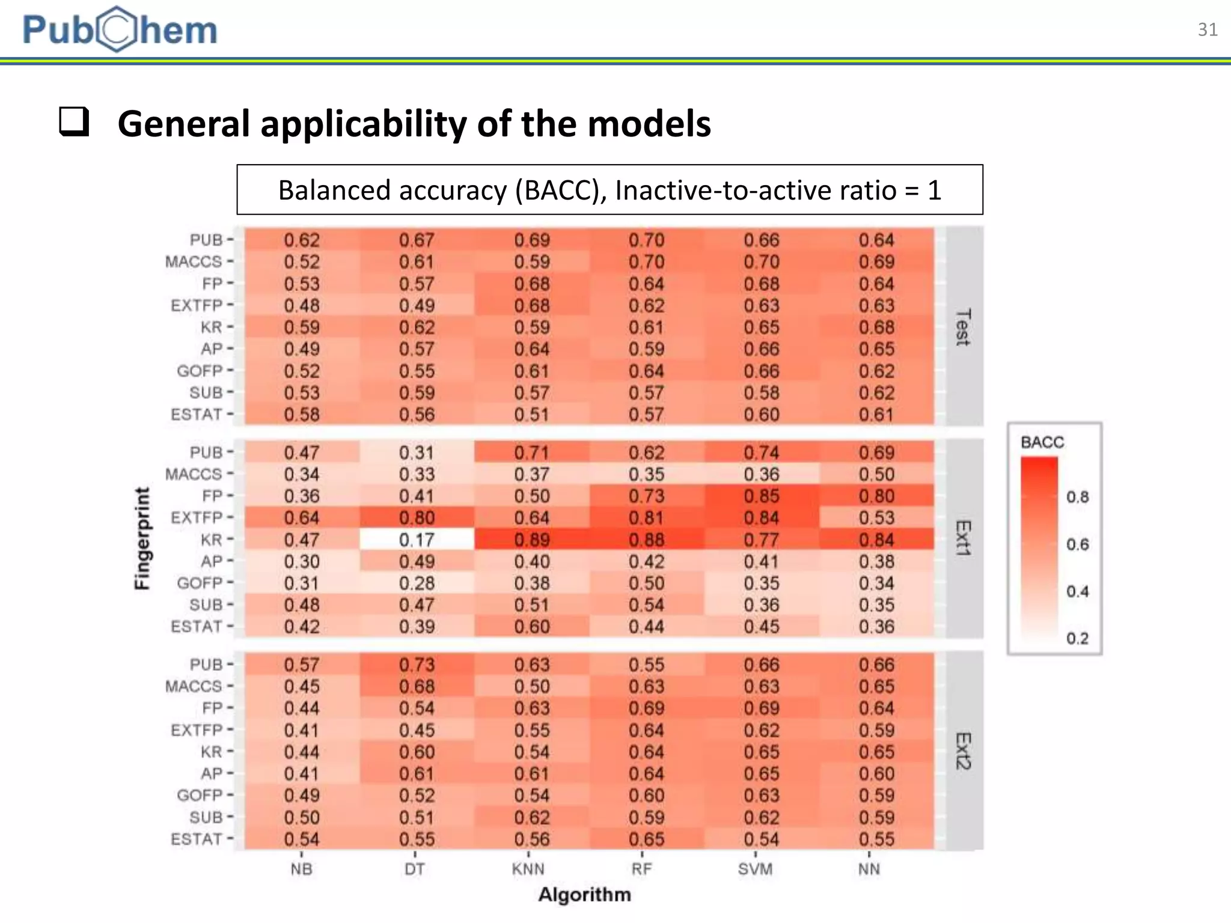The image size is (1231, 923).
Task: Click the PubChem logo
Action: (120, 29)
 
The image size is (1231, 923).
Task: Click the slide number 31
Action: (1207, 29)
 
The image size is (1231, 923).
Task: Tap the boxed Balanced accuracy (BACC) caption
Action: (609, 190)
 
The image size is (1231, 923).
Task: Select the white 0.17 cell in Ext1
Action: (417, 540)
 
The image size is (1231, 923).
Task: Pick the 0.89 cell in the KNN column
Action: (531, 540)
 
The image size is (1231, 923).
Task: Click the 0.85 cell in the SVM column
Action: (761, 496)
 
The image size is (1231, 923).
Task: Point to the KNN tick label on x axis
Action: (528, 869)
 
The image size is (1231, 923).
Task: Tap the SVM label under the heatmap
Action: (755, 869)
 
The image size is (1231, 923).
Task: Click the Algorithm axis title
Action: (584, 895)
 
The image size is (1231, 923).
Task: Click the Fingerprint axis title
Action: (142, 538)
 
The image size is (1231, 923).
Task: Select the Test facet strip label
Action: (964, 327)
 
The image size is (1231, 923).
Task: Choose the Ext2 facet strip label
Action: (964, 751)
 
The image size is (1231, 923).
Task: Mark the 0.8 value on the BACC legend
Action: (1077, 497)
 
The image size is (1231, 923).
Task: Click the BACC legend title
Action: (1042, 442)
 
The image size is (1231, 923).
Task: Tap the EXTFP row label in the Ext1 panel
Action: (197, 517)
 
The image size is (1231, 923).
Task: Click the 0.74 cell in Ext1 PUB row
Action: (761, 452)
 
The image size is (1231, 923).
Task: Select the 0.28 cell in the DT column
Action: (417, 583)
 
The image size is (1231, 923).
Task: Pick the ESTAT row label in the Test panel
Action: (197, 415)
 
